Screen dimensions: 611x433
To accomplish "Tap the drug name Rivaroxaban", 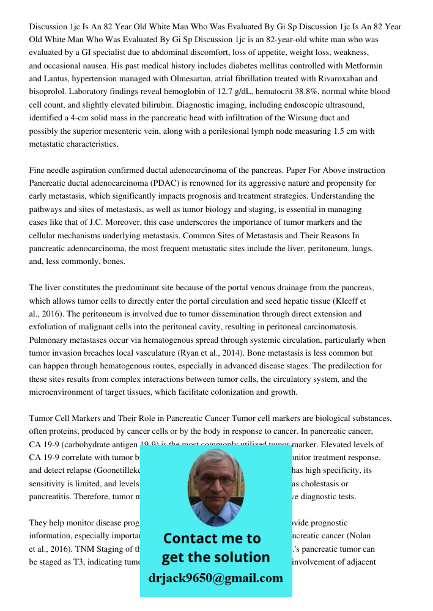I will (x=343, y=79).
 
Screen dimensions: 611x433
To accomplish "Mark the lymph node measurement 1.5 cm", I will (x=346, y=131).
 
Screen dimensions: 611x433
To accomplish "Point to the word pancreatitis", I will (x=51, y=497).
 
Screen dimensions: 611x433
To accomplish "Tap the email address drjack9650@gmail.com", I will (x=215, y=578).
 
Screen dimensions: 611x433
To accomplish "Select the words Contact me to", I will (x=212, y=538).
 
